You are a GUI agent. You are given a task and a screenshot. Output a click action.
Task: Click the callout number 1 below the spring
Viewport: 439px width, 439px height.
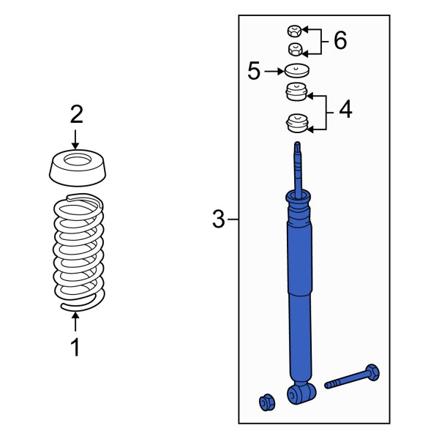(75, 347)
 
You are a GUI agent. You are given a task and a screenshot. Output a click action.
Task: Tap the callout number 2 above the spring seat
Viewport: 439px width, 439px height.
(76, 114)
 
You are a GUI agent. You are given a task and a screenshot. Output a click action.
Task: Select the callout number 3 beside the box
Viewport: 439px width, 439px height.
(218, 219)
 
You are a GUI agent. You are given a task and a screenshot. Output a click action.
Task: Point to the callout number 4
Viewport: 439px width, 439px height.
(345, 109)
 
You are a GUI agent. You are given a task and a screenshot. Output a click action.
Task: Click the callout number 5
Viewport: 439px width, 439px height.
(254, 71)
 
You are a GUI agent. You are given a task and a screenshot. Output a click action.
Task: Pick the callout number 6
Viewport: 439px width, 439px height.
(340, 40)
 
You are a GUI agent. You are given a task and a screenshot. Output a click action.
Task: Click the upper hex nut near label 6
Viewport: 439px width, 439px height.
(295, 31)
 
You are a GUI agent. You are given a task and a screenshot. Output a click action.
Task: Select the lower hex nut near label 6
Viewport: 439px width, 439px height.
(296, 49)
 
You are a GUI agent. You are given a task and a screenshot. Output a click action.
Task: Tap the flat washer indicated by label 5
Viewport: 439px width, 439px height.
(297, 71)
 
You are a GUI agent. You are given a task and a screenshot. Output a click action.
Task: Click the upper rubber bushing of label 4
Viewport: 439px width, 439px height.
(296, 91)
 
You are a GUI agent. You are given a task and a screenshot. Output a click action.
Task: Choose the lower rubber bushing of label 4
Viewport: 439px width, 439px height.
(297, 123)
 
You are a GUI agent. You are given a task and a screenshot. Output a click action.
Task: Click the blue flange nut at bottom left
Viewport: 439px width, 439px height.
(267, 402)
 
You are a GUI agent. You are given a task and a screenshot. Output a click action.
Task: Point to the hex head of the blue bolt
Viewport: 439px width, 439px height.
(372, 372)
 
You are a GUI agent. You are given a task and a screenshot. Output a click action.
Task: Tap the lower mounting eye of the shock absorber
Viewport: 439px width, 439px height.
(301, 394)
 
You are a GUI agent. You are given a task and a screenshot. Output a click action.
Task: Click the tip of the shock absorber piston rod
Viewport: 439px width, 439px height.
(297, 143)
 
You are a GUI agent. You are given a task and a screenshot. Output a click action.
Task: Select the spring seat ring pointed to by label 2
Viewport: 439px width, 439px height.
(78, 168)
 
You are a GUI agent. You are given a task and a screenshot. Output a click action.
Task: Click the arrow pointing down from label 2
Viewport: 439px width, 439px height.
(75, 139)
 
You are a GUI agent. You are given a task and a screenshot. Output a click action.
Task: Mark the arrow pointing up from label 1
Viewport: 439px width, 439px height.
(75, 322)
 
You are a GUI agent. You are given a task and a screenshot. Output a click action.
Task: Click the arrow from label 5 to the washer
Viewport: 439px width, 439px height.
(274, 72)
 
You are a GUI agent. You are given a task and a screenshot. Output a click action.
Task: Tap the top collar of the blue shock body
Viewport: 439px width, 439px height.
(298, 197)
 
